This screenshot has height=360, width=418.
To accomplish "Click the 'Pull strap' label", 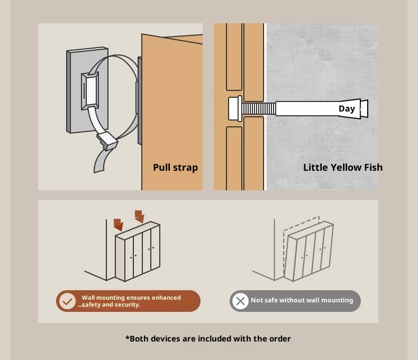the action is [x=176, y=168].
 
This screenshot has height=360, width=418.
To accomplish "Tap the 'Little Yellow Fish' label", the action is [x=343, y=168].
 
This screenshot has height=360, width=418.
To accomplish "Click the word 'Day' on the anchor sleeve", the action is [x=347, y=109].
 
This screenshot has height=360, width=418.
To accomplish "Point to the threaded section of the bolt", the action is [x=259, y=109].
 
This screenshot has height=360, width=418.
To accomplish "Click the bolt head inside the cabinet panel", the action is [x=235, y=109].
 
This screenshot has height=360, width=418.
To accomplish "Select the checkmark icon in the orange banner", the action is [x=67, y=301].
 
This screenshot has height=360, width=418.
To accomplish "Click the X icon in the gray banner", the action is [x=240, y=301].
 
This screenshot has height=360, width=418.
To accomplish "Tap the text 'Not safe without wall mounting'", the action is [x=302, y=300].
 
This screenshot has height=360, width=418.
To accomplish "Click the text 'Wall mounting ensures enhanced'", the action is [x=131, y=298].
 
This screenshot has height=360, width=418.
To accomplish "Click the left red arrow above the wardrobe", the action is [x=119, y=225].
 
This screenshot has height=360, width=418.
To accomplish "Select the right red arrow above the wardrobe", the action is [x=140, y=216].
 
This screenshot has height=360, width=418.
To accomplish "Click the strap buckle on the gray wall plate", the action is [x=90, y=90].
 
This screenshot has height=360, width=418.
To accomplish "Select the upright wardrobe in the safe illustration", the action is [x=138, y=251].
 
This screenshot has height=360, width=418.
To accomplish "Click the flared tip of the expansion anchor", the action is [x=364, y=109].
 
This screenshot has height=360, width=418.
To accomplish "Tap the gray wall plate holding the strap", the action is [x=87, y=90].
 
